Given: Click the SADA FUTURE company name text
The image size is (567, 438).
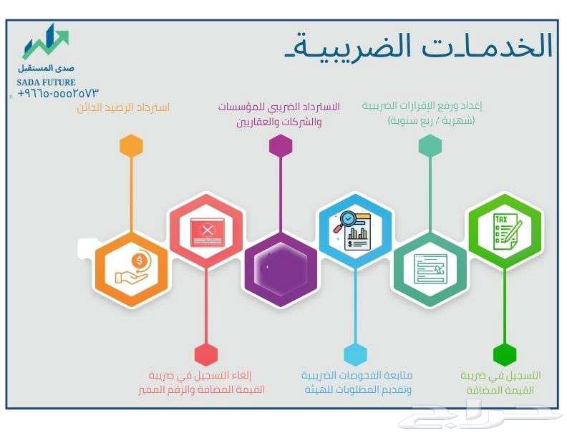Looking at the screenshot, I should coord(47,82).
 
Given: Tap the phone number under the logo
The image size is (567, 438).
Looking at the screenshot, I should coord(58,94).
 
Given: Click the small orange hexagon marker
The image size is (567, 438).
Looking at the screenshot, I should coord(132,145).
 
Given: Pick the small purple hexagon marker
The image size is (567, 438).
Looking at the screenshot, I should coord(281,145).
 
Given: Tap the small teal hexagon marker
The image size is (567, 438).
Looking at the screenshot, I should coord(430,145).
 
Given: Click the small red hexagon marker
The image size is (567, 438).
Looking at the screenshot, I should coord(206,354).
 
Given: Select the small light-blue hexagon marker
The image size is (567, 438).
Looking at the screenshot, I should coord(355,354).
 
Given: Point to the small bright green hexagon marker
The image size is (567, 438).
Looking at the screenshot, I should coord(505,354).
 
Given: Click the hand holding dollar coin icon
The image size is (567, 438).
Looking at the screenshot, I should coord(132,268).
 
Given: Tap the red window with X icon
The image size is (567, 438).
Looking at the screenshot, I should coord(206,230).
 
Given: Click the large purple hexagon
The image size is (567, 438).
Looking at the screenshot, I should coord(281,268).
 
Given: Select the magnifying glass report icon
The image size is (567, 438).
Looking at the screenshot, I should coord(355,230).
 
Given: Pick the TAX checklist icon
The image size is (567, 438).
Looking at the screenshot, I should coord(505,230).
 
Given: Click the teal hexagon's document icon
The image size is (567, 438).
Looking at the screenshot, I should coord(430,268).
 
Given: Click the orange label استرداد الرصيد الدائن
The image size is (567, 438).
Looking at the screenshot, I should coord(123,108).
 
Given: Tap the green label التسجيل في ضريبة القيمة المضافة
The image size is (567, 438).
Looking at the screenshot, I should coord(500,383).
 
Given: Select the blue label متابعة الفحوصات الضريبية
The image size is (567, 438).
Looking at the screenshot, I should coord(357,383).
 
